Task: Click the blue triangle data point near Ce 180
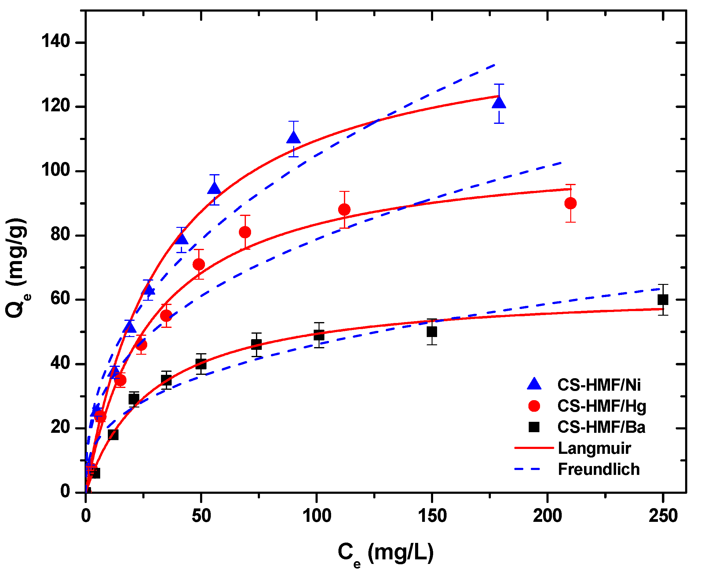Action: (x=499, y=103)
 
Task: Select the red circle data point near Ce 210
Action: (x=570, y=203)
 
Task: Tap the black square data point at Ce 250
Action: (x=663, y=300)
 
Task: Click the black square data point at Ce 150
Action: (x=432, y=332)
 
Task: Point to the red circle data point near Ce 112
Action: (x=344, y=210)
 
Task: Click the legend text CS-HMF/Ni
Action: (x=599, y=385)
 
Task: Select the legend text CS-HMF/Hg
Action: (x=601, y=406)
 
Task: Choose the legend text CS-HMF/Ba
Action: (x=601, y=427)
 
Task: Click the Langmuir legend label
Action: (x=594, y=448)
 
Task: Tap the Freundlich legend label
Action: (x=599, y=469)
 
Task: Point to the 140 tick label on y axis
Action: (x=56, y=42)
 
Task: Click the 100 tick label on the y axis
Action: (x=56, y=170)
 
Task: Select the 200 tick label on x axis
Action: (x=547, y=516)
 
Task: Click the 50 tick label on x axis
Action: (x=201, y=516)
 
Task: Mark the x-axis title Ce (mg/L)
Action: (x=385, y=553)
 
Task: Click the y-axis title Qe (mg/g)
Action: (x=16, y=268)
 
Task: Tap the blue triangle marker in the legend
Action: (x=534, y=384)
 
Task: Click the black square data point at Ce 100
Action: (x=319, y=335)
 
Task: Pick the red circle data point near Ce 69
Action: (x=245, y=232)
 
